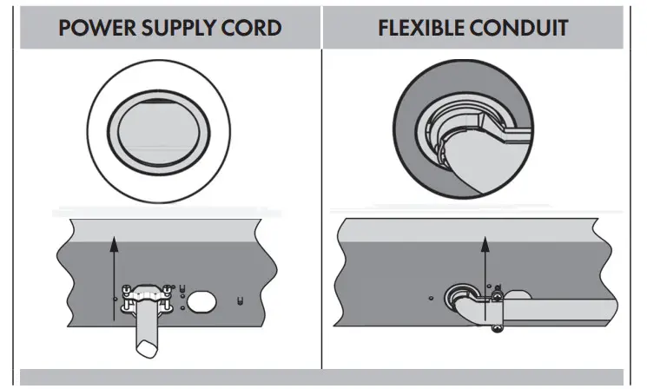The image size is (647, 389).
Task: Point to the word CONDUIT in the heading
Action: [x=525, y=28]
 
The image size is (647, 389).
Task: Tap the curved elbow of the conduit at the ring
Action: [x=465, y=307]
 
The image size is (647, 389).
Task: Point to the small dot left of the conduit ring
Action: [x=432, y=296]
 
